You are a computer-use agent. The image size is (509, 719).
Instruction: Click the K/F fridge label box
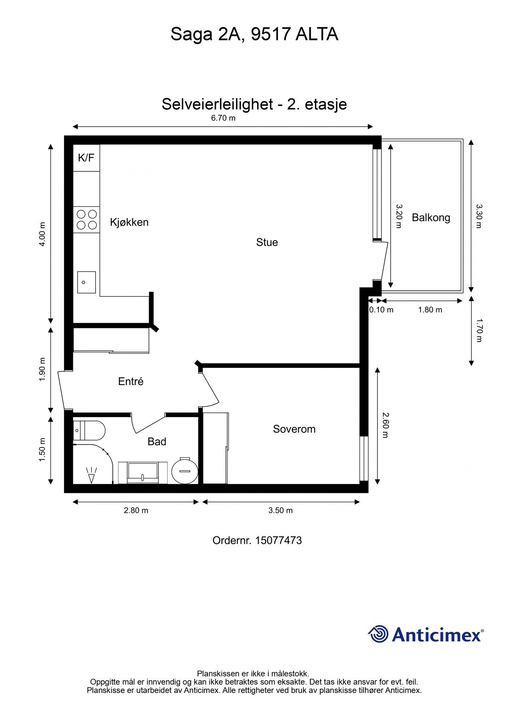pos(86,158)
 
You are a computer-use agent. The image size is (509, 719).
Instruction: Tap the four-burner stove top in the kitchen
pos(87,219)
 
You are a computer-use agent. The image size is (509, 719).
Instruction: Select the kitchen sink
pos(86,282)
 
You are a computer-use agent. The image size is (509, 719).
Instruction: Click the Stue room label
pos(267,242)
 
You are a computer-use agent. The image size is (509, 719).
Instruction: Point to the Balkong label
pos(431,218)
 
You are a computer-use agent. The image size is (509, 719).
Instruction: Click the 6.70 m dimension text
pos(223,118)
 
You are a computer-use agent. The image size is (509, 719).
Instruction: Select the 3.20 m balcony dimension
pos(399,216)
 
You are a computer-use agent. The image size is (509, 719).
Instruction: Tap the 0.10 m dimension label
pos(381,310)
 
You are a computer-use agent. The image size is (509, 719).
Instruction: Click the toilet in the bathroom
pos(90,431)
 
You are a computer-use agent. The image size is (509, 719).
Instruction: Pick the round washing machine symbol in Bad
pos(185,471)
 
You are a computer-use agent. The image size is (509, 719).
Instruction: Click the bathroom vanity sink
pos(143,473)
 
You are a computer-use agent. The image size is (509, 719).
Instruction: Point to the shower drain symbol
pos(92,475)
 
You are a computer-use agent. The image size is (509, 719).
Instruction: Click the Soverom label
pos(294,429)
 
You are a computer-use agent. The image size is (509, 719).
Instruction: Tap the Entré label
pos(131,381)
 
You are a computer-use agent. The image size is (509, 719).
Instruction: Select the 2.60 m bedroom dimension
pos(385,425)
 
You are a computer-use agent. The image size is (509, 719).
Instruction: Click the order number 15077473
pos(278,540)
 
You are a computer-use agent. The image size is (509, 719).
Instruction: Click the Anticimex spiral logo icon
pos(378,634)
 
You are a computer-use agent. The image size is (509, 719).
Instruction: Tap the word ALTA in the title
pos(317,34)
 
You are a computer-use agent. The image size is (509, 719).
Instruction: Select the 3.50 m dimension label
pos(280,510)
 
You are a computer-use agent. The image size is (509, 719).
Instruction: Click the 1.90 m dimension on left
pos(42,369)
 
